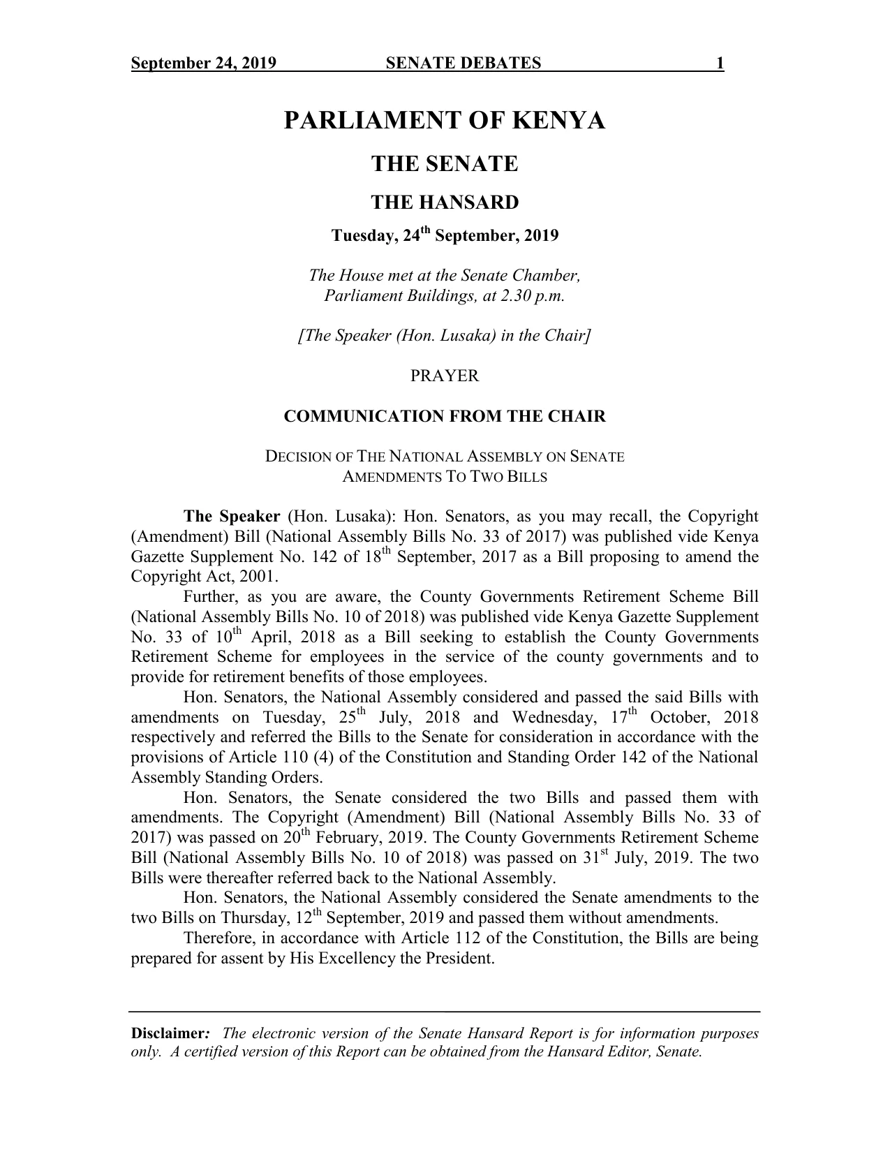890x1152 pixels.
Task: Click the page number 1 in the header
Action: (720, 64)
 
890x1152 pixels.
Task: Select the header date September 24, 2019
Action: (204, 64)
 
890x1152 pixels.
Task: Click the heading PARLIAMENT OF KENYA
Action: (445, 121)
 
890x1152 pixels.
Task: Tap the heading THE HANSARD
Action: (445, 202)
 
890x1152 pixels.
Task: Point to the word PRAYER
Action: (445, 376)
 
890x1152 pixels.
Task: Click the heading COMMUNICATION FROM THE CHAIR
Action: (445, 417)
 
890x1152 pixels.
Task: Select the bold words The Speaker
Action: (232, 517)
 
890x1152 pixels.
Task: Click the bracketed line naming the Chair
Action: (445, 336)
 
